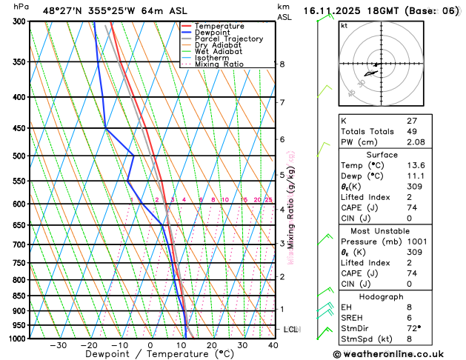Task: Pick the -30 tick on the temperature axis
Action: pos(59,345)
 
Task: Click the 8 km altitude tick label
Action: pos(282,64)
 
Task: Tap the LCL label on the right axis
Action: pos(291,329)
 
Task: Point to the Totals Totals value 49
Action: pos(412,130)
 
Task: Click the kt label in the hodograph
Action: pos(344,25)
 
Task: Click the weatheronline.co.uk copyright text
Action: pos(397,354)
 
